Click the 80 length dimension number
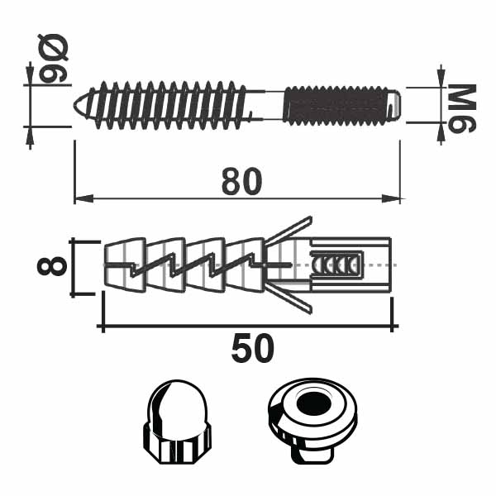[241, 181]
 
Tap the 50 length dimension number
[252, 349]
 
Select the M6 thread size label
[462, 108]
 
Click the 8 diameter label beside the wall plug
[52, 266]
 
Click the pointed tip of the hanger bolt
[74, 105]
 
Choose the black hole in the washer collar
[313, 404]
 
